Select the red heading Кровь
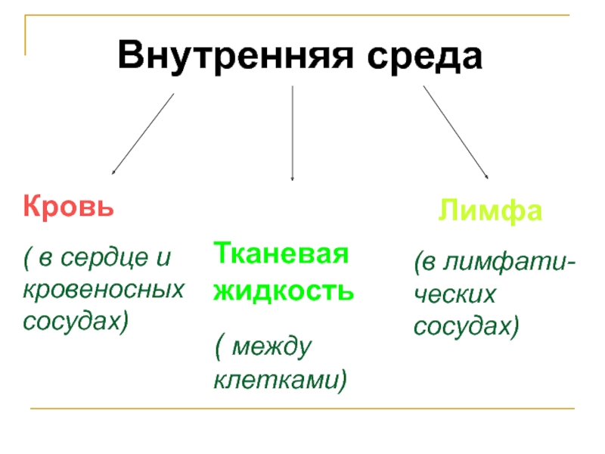pos(69,206)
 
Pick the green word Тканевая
pos(281,253)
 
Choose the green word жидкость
pos(283,289)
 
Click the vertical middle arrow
pos(293,132)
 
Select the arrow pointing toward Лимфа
pos(455,132)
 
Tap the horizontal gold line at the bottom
pos(302,409)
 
